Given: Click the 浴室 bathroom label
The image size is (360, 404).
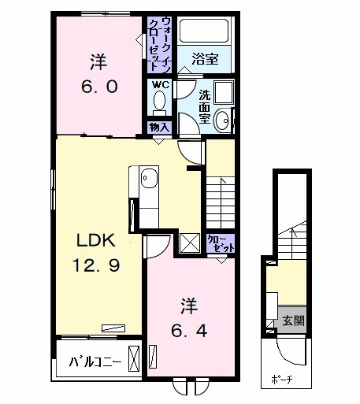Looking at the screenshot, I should [x=204, y=58].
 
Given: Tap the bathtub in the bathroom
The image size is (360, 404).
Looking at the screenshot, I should [x=204, y=31].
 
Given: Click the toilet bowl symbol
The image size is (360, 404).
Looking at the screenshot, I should [x=159, y=101].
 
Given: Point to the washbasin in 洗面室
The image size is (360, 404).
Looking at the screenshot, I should [x=223, y=120].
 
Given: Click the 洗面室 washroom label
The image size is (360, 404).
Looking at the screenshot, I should [x=204, y=106].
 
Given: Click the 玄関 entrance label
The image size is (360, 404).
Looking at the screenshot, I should [x=294, y=321].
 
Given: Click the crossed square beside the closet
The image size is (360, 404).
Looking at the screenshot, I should [x=189, y=243].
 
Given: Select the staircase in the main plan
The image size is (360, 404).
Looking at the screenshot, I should [x=221, y=197].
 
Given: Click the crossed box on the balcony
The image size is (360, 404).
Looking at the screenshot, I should [x=135, y=360].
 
